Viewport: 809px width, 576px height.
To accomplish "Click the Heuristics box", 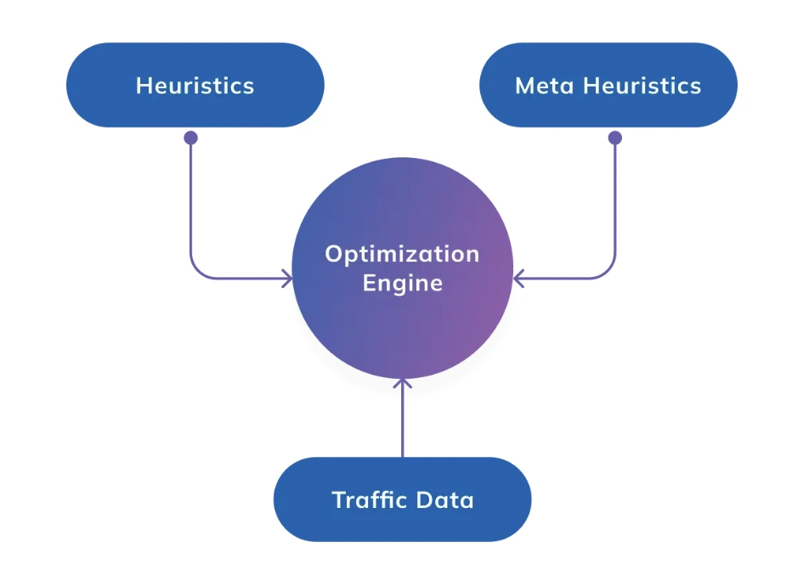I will [x=195, y=85].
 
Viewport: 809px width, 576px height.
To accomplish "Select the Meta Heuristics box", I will [x=608, y=85].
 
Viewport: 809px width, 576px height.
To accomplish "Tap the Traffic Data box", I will [x=402, y=499].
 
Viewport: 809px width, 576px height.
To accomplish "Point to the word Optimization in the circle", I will [x=402, y=254].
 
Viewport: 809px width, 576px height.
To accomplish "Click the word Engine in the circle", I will [x=402, y=283].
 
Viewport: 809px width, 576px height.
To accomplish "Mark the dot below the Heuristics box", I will [x=190, y=138].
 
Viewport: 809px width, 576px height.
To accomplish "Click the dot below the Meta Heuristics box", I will [x=615, y=138].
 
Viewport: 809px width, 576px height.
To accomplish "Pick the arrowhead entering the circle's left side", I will [x=288, y=277].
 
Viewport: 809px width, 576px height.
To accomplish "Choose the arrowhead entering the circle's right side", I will [x=518, y=277].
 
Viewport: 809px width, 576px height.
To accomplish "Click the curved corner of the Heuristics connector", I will [x=196, y=271].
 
